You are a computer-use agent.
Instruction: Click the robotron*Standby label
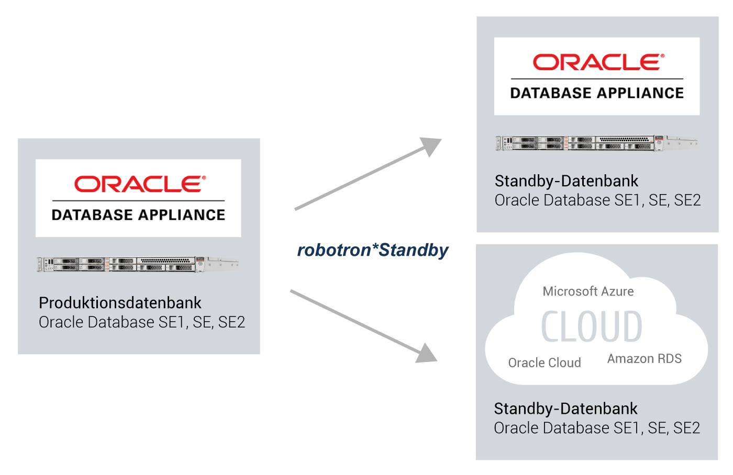pos(372,250)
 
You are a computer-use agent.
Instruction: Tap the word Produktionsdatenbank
pos(120,303)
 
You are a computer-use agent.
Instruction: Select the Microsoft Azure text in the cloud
pos(588,291)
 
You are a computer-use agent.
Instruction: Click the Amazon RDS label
pos(644,359)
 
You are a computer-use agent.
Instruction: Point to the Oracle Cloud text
pos(545,363)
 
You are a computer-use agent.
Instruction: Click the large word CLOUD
pos(592,327)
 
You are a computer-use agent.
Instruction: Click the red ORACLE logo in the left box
pos(139,184)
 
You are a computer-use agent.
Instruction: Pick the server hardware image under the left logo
pos(137,264)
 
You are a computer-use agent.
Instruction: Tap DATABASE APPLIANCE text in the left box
pos(138,215)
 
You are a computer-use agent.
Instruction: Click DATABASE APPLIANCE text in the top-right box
pos(597,93)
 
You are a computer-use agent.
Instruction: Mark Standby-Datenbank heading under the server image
pos(567,181)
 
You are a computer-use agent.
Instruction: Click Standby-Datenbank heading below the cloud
pos(565,409)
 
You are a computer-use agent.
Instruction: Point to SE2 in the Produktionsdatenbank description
pos(231,322)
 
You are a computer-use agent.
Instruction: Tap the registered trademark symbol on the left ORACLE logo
pos(204,178)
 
